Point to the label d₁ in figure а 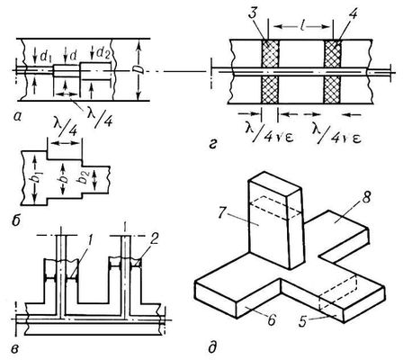(45, 55)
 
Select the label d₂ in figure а (103, 53)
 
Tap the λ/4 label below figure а (98, 116)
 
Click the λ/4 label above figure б (65, 129)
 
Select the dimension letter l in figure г (300, 25)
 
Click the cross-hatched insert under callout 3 (270, 72)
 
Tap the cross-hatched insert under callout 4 (333, 72)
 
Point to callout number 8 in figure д (366, 198)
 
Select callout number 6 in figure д (272, 319)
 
